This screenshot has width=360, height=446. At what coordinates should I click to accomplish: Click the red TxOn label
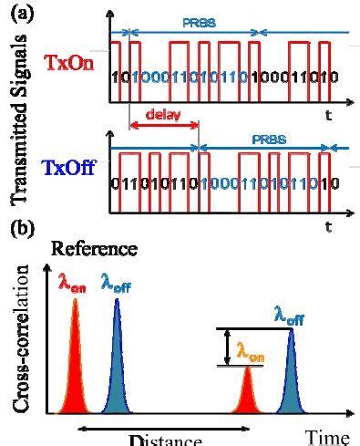tap(67, 63)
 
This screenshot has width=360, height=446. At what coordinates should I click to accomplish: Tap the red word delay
tap(159, 116)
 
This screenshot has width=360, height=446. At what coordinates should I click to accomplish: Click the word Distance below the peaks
tap(164, 440)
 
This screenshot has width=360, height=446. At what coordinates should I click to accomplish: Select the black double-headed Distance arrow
tap(164, 426)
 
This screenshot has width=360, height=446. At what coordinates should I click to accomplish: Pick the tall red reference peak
tap(76, 365)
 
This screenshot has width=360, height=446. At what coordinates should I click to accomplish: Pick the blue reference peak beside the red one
tap(118, 365)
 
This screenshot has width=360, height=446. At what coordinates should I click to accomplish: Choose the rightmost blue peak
tap(291, 374)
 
